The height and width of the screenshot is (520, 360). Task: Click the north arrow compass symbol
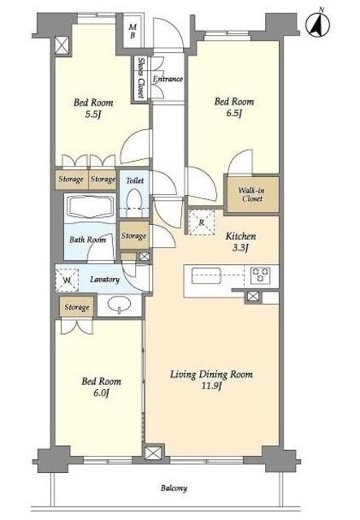click(x=318, y=24)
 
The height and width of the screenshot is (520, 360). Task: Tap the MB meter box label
click(x=132, y=31)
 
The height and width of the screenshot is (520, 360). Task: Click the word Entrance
click(x=167, y=79)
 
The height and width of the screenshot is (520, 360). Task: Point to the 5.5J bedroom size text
click(x=93, y=115)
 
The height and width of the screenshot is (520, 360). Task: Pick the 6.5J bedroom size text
click(x=233, y=114)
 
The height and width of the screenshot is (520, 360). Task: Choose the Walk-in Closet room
click(x=252, y=194)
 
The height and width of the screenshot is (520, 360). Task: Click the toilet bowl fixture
click(x=135, y=202)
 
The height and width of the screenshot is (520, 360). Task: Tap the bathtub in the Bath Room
click(x=90, y=207)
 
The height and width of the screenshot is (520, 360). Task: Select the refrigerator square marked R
click(x=202, y=222)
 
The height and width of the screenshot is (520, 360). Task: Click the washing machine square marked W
click(x=67, y=280)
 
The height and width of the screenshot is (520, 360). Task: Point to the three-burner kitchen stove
click(x=261, y=275)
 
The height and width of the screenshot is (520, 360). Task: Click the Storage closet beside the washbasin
click(x=77, y=307)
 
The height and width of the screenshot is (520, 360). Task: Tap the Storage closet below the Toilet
click(x=134, y=236)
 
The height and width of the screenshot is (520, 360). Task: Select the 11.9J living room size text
click(x=211, y=386)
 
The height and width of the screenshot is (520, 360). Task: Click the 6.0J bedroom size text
click(x=102, y=393)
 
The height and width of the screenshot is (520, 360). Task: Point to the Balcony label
click(x=174, y=488)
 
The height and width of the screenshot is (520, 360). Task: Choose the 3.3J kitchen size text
click(x=241, y=248)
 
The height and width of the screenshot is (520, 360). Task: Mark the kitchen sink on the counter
click(x=206, y=275)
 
